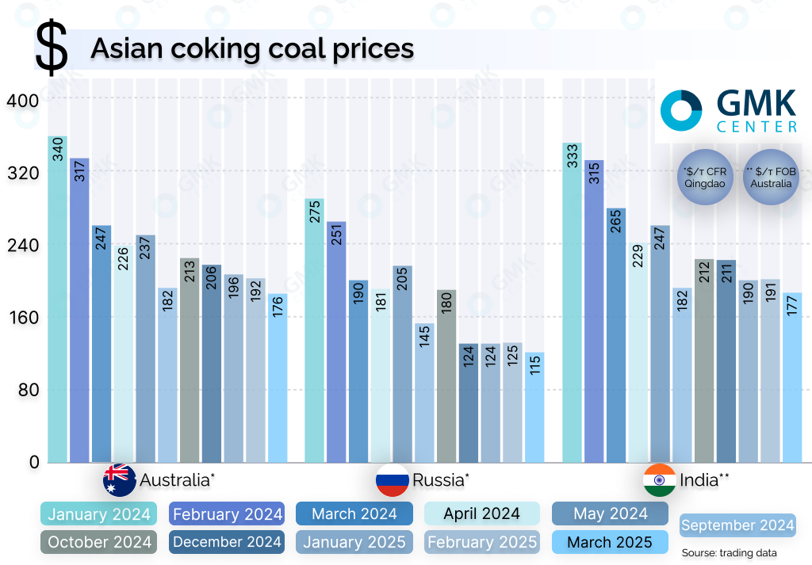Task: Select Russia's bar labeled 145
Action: (x=424, y=392)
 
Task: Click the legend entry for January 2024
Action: (x=98, y=514)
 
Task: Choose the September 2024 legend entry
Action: (x=737, y=525)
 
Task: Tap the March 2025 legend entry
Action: (x=611, y=542)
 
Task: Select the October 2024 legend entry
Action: (x=98, y=542)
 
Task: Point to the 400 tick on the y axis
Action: (x=21, y=101)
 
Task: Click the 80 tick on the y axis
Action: (x=26, y=390)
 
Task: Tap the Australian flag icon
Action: (x=119, y=479)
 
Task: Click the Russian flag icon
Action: (x=391, y=479)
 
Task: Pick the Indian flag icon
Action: (x=659, y=479)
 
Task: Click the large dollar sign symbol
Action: (x=52, y=49)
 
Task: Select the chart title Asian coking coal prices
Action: (x=252, y=48)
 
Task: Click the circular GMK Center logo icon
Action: (x=681, y=110)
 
